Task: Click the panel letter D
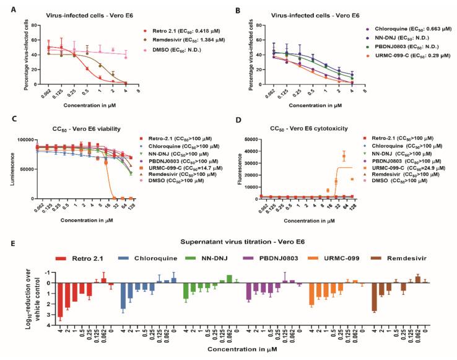tap(239, 129)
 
